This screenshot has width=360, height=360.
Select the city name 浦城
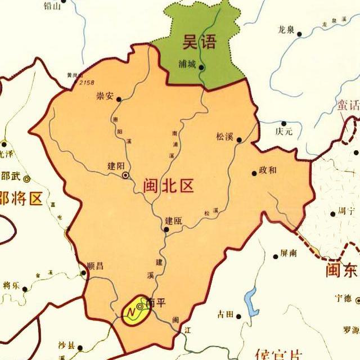tap(187, 64)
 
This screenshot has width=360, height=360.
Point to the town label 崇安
tap(105, 96)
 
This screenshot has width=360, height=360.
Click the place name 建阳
tap(115, 166)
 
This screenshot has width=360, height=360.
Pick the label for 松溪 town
tap(224, 137)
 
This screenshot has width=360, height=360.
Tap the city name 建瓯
tap(173, 221)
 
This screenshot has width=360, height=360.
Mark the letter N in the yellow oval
tap(130, 310)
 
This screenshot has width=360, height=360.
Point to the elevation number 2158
tap(87, 83)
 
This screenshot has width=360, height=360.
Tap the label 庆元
tap(285, 132)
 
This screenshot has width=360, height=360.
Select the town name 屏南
tap(288, 254)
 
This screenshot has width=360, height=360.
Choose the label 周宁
tap(345, 213)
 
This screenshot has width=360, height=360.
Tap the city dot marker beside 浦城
tap(201, 67)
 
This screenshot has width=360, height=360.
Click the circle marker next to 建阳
tap(125, 175)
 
